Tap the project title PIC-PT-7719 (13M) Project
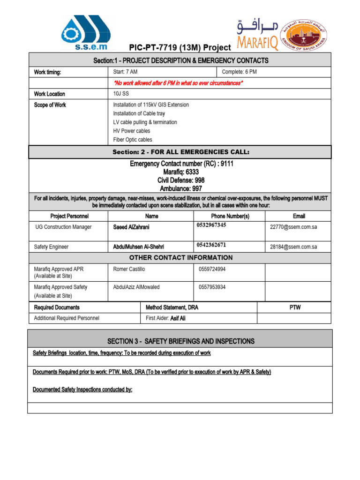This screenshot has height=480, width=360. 180,48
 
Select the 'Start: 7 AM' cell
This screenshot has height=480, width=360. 126,72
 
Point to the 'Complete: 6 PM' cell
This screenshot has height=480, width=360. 240,72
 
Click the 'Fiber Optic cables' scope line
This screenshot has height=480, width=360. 133,140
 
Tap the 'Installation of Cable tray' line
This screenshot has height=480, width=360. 139,113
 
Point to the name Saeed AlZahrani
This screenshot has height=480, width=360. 131,227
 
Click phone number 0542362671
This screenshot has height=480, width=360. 212,245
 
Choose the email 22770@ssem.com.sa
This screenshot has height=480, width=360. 293,227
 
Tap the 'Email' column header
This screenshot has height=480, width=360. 299,216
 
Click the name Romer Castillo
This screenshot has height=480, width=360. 129,269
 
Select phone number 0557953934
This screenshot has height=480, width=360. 212,287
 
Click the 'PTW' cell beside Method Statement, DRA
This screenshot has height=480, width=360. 295,307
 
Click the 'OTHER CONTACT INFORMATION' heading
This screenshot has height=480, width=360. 180,258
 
